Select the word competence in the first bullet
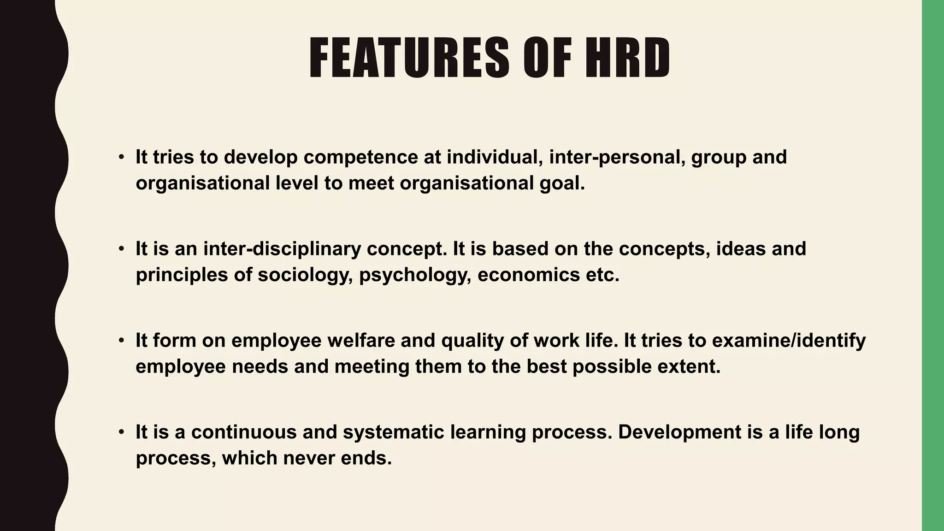click(x=360, y=157)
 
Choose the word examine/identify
click(x=789, y=341)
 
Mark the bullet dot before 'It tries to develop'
click(x=121, y=157)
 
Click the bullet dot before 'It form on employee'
click(x=121, y=341)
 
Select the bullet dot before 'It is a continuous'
click(x=121, y=432)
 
